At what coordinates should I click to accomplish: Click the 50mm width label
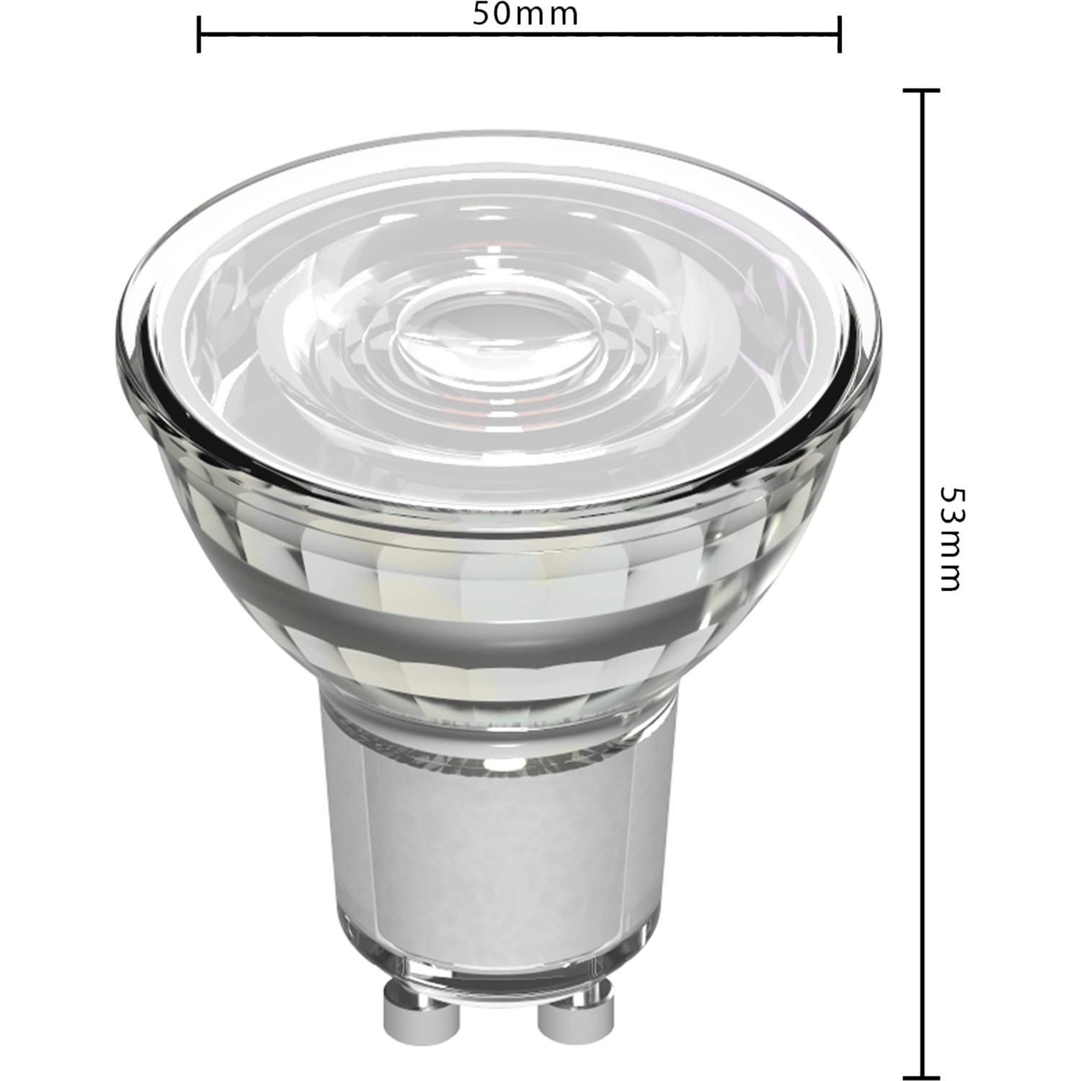pos(525,14)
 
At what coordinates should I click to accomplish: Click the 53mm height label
pos(952,539)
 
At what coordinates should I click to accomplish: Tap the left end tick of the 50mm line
pos(198,34)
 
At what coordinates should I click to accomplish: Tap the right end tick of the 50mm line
pos(840,34)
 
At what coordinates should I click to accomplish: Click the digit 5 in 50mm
pos(482,14)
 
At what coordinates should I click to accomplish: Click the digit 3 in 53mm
pos(952,522)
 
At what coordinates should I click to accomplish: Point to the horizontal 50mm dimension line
pos(649,34)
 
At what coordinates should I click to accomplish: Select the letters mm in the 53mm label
pos(952,566)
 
